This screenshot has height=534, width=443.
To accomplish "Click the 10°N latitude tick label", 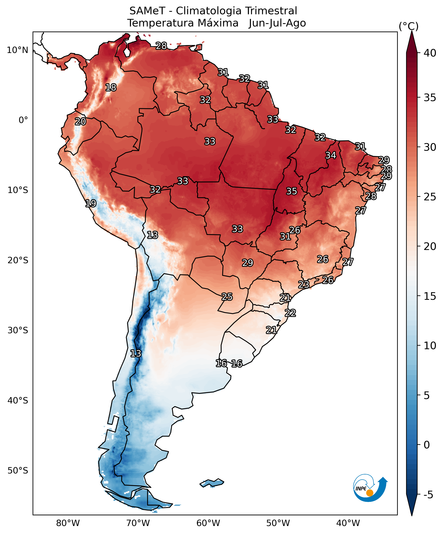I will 17,50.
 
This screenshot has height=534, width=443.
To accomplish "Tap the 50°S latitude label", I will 17,471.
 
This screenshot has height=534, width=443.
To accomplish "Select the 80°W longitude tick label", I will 68,523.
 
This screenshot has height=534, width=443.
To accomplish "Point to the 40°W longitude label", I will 348,523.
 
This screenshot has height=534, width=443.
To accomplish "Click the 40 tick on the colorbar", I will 430,53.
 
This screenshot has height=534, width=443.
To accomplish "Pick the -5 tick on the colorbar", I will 428,495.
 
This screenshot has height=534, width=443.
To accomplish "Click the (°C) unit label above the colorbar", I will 408,26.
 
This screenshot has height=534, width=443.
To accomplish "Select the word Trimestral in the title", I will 271,11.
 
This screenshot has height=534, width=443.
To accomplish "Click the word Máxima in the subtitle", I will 218,23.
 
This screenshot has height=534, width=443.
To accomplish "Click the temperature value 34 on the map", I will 331,155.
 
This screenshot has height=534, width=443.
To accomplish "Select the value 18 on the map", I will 111,87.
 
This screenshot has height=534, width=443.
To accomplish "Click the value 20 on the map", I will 80,122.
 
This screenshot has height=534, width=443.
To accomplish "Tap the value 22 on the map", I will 290,313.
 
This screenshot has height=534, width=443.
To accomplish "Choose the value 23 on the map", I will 304,284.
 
